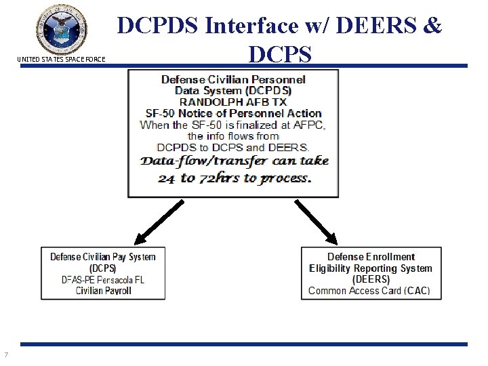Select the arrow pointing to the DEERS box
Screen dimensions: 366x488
[316, 221]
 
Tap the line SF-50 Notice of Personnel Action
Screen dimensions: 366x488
[233, 113]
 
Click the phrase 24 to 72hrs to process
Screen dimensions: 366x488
[234, 180]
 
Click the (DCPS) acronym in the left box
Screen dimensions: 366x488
[102, 268]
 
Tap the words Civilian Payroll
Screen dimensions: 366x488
[103, 291]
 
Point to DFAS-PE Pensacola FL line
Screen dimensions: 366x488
[102, 279]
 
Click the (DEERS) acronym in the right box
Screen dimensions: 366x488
[371, 279]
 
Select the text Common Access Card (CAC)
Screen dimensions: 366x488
[369, 291]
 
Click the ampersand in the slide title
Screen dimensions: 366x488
[431, 26]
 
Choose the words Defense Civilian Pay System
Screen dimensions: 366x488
[103, 256]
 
